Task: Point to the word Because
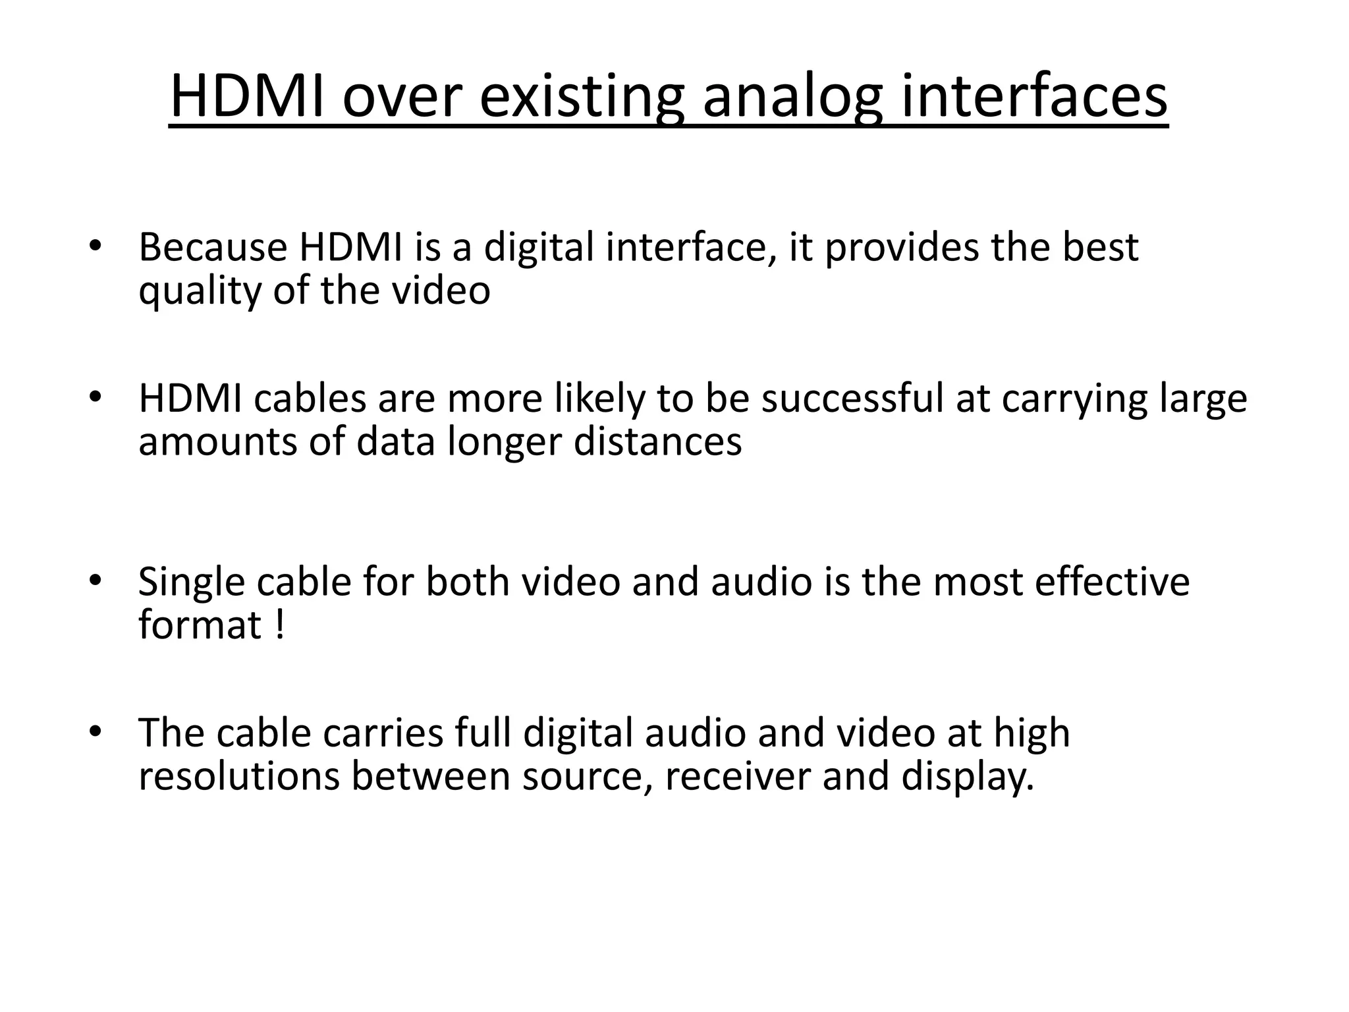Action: (x=213, y=247)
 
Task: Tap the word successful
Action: (x=852, y=399)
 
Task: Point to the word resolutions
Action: (x=239, y=776)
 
